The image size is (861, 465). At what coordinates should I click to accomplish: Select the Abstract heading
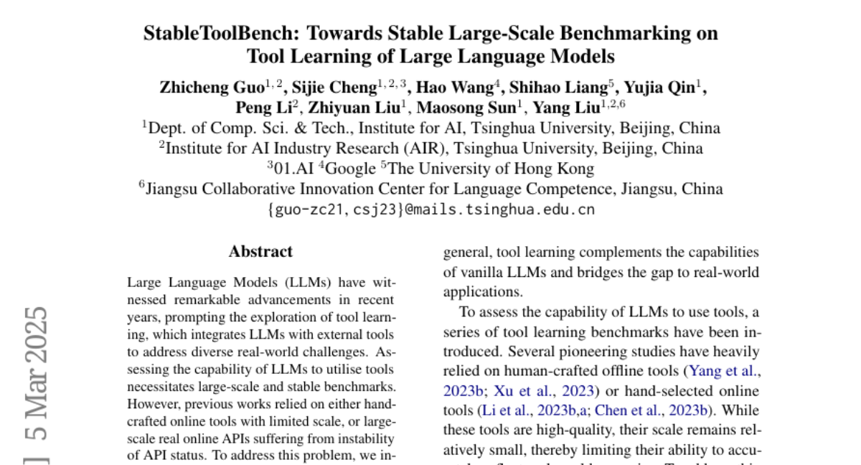(x=260, y=252)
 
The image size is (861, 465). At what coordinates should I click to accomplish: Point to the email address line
(x=430, y=210)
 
